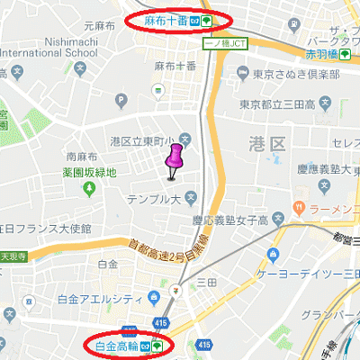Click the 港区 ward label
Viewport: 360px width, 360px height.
(266, 144)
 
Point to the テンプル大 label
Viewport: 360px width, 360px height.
(155, 197)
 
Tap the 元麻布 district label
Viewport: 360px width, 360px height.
(95, 28)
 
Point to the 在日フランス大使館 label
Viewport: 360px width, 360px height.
(45, 229)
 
